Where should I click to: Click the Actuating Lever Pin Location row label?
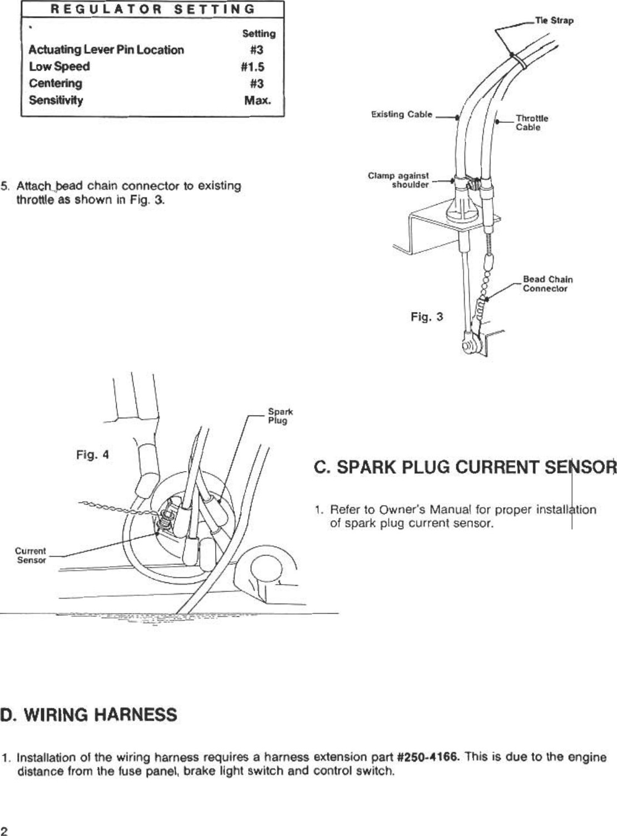point(106,50)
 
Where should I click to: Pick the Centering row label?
point(56,83)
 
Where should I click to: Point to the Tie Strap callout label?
point(554,21)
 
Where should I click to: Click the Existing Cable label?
point(401,115)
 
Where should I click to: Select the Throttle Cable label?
point(531,122)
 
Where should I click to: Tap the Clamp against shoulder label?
point(398,180)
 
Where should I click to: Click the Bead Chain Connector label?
point(547,284)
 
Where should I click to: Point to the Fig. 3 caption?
point(426,317)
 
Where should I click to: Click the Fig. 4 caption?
point(92,455)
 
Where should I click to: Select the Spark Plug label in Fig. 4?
point(280,416)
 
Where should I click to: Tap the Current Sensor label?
point(31,555)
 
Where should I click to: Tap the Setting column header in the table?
point(258,34)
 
